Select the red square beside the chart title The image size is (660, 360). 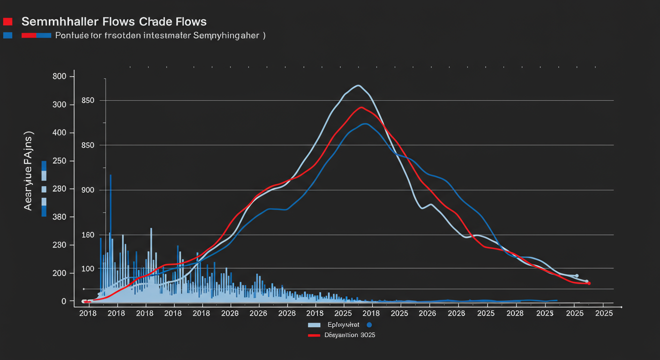7,22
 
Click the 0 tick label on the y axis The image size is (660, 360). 64,301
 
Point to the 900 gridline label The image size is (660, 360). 88,190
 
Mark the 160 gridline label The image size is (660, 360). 88,235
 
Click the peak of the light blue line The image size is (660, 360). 358,85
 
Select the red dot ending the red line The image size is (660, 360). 589,283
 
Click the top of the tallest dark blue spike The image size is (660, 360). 111,175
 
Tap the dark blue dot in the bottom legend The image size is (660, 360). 369,324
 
